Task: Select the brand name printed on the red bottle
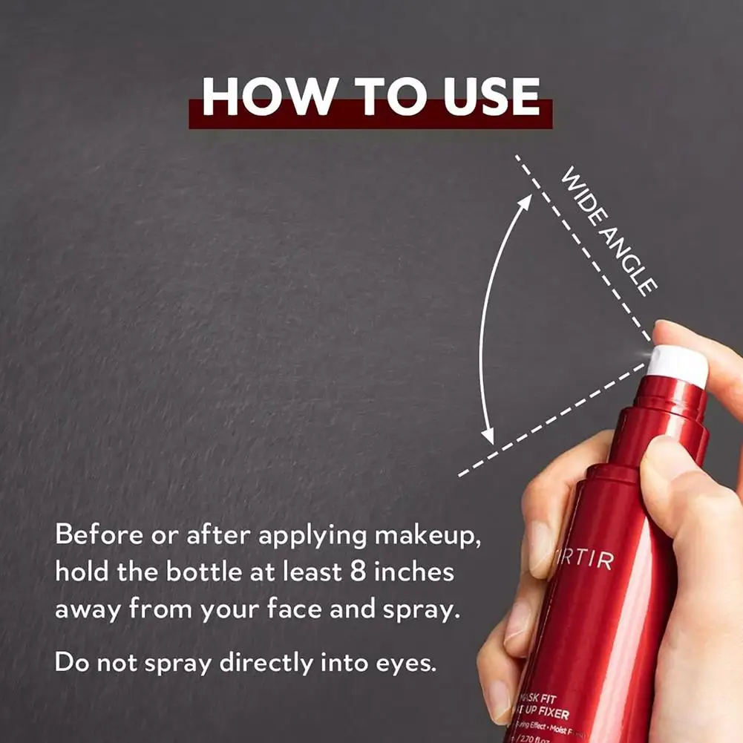tap(586, 560)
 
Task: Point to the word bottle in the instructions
tap(206, 574)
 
